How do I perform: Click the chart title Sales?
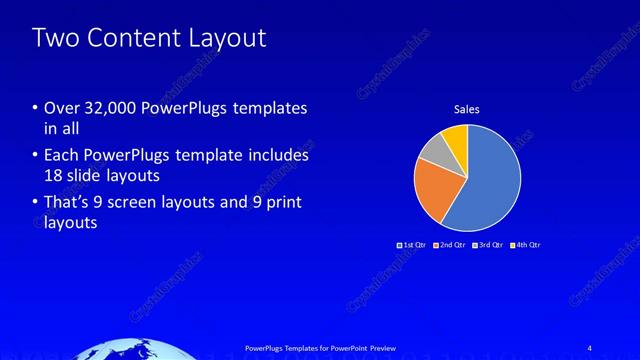(467, 109)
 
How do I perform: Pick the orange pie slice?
(435, 189)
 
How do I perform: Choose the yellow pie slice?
(456, 137)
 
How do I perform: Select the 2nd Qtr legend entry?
(449, 244)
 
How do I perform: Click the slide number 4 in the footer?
(589, 347)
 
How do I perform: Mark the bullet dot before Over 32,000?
(36, 108)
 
